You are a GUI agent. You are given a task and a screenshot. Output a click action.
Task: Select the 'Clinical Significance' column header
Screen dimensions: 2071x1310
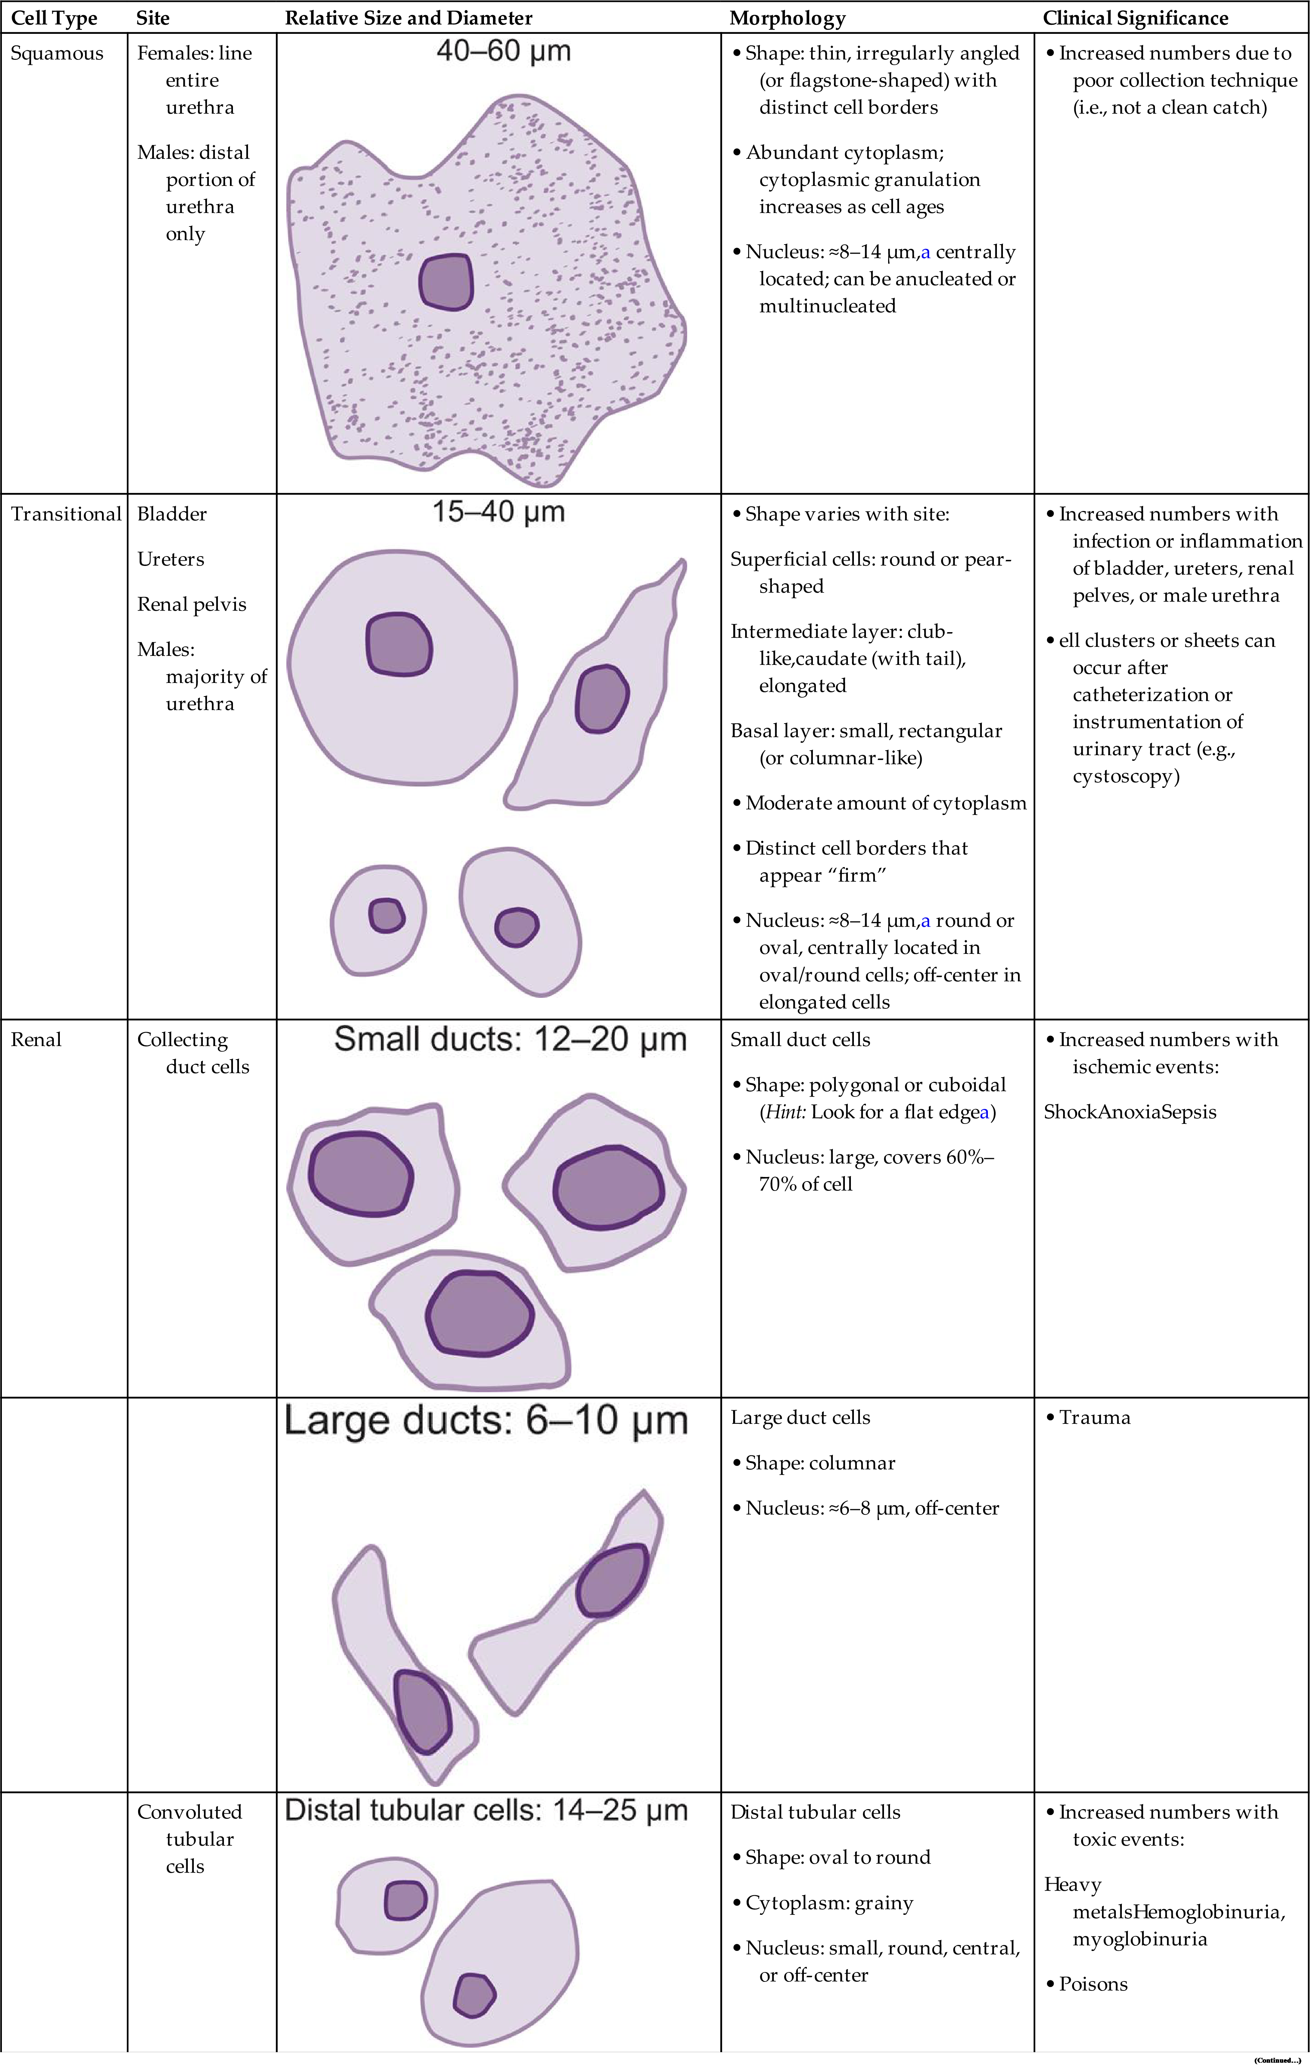(1135, 18)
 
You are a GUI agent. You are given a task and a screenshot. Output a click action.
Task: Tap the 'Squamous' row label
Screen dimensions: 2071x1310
(57, 53)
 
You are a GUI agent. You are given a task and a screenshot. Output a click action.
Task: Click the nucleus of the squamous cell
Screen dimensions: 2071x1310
(446, 281)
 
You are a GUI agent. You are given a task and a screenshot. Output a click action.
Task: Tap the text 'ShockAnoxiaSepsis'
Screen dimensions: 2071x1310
(1129, 1112)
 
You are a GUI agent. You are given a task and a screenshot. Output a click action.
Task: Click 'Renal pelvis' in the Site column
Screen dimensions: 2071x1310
(192, 605)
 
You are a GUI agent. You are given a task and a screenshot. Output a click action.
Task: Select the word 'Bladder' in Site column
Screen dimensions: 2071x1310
(172, 514)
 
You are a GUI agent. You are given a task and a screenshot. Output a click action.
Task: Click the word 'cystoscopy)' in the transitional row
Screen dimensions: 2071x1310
(1126, 777)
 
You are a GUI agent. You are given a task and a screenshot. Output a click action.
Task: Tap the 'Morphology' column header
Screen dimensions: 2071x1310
(787, 18)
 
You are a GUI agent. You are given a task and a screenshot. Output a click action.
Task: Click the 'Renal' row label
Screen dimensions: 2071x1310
(36, 1040)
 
